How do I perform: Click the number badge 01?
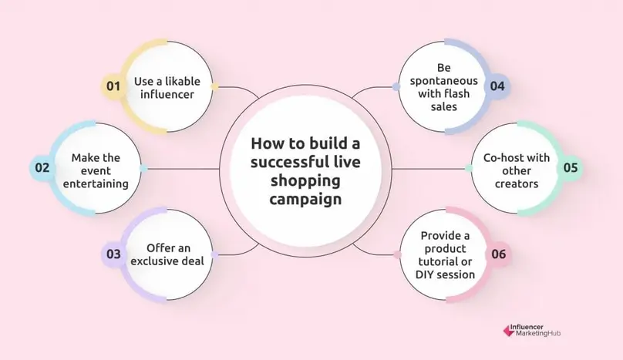pos(113,86)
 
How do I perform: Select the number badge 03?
pos(113,253)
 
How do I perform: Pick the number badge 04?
pos(497,86)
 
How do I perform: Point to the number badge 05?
pos(571,167)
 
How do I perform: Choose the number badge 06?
pos(497,253)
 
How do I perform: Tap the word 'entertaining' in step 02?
pos(96,184)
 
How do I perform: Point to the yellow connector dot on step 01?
pos(215,86)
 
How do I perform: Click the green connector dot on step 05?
pos(469,167)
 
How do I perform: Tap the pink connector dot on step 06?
pos(396,254)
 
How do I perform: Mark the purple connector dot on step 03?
pos(215,254)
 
